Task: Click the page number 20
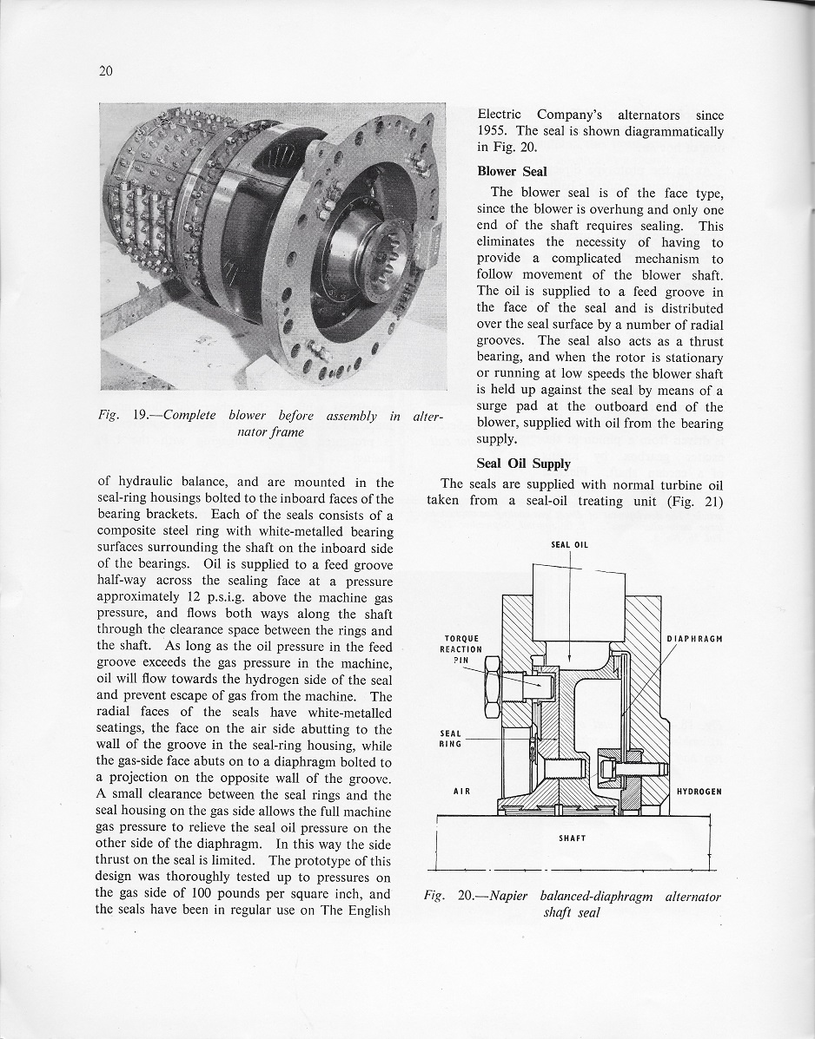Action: pyautogui.click(x=106, y=71)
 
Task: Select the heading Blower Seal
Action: pyautogui.click(x=512, y=171)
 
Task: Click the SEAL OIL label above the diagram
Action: pyautogui.click(x=569, y=545)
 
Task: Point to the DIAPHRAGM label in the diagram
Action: pyautogui.click(x=694, y=639)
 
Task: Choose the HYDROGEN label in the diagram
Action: pyautogui.click(x=700, y=792)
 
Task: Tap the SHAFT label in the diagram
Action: pyautogui.click(x=573, y=838)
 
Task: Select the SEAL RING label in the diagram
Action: pyautogui.click(x=452, y=738)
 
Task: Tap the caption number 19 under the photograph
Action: pyautogui.click(x=143, y=416)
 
